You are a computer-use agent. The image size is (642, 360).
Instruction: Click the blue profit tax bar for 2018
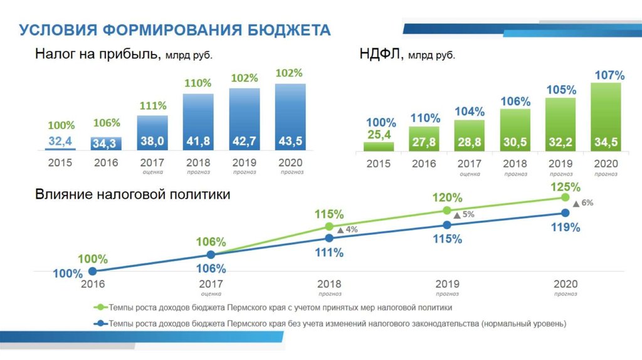coord(198,122)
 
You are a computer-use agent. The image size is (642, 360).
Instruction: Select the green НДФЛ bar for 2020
coord(606,117)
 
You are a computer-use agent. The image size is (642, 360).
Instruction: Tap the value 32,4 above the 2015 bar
coord(60,141)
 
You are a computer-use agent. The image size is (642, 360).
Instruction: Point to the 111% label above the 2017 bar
coord(153,105)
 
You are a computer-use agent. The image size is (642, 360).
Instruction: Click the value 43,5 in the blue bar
coord(290,142)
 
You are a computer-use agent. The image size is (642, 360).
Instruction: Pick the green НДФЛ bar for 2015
coord(379,146)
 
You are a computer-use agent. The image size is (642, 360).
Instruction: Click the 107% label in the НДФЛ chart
coord(609,75)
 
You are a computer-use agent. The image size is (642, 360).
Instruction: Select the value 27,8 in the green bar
coord(424,143)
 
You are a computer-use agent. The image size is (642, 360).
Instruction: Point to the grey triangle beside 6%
coord(576,203)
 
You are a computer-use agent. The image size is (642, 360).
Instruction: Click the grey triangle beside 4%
coord(340,230)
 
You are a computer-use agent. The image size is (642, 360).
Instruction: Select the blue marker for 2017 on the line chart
coord(211,255)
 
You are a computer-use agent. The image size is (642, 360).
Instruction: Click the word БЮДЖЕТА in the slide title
coord(288,29)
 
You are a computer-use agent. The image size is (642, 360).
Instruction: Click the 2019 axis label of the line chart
coord(447,284)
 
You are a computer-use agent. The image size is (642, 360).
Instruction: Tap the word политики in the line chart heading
coord(199,195)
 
